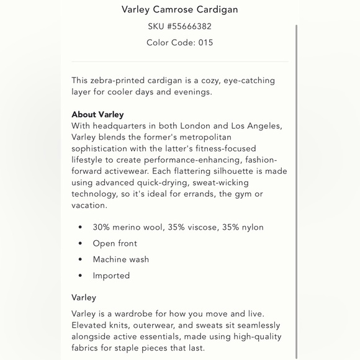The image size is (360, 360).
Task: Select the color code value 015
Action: tap(205, 43)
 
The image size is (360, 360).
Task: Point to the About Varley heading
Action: tap(97, 115)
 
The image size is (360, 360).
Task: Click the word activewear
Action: tap(123, 171)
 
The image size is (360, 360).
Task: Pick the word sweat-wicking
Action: tap(220, 182)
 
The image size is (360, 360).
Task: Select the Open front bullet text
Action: tap(115, 243)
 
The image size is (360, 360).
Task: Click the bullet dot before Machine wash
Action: tap(80, 259)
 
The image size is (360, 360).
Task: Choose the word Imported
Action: tap(111, 276)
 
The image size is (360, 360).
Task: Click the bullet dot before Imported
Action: tap(80, 276)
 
